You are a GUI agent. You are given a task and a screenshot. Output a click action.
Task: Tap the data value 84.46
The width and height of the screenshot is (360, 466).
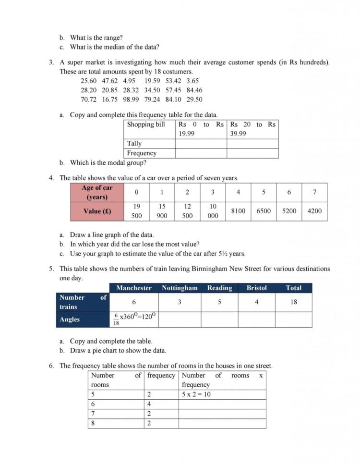tap(194, 90)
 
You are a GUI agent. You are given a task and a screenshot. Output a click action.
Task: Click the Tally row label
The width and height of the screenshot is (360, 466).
tap(134, 144)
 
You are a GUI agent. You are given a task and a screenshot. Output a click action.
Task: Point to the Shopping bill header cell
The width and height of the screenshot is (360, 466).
tap(146, 124)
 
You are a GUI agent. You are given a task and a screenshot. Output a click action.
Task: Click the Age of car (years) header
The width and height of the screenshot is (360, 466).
tap(97, 192)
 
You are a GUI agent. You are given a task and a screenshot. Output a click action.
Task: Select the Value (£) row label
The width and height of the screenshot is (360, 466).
tap(97, 211)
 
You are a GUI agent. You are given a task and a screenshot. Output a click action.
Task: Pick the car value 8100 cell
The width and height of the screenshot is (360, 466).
tap(238, 211)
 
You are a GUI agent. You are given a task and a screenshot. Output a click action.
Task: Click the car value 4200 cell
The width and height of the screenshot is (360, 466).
tap(314, 211)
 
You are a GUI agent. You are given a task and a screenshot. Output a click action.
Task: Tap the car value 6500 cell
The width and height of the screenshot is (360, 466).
tap(264, 211)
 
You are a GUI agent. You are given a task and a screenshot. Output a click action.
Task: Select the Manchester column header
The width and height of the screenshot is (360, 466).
tap(134, 288)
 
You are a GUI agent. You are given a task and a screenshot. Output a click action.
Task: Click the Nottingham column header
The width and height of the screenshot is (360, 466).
tap(180, 288)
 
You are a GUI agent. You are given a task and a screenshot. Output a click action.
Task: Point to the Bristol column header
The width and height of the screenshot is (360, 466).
tap(256, 288)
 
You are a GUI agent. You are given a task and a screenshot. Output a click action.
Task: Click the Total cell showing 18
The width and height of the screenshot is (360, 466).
tap(294, 302)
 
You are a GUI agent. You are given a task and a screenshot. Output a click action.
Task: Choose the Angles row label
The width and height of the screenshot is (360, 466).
tap(70, 319)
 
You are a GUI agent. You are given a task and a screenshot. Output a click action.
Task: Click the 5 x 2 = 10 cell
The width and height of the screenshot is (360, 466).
tap(196, 394)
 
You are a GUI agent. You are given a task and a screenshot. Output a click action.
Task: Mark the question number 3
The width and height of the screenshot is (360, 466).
tap(51, 62)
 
